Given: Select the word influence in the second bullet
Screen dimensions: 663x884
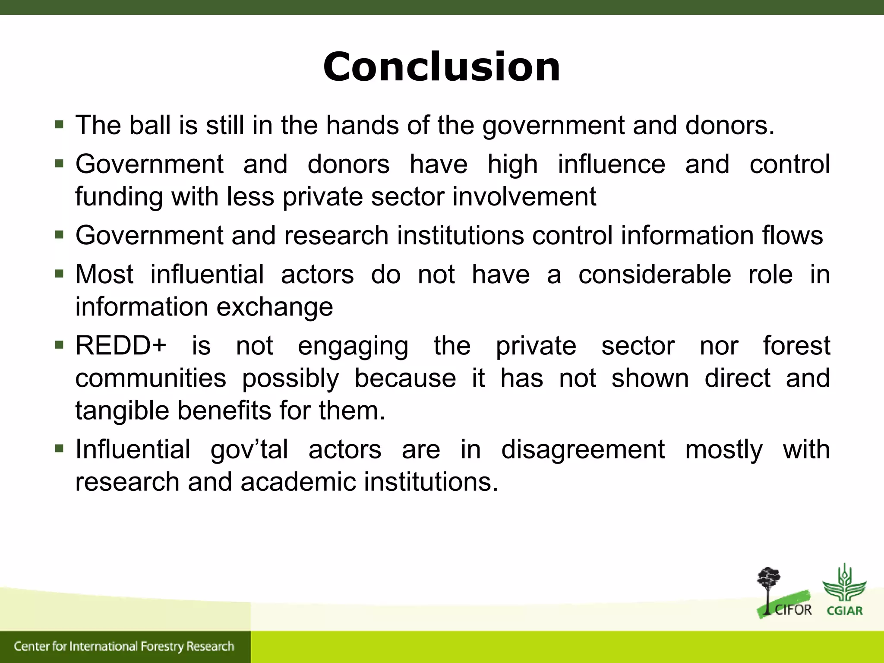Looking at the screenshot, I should click(612, 164).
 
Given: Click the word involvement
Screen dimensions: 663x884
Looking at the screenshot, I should click(524, 197).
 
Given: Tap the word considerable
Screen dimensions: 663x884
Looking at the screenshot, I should click(654, 275).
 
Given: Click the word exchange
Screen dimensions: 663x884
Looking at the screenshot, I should click(275, 307).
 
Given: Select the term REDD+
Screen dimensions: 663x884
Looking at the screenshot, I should click(121, 346).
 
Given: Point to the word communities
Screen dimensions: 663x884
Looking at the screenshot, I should click(151, 378).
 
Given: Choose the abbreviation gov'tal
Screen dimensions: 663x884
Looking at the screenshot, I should click(249, 449).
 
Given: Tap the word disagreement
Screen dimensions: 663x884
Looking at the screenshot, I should click(583, 449).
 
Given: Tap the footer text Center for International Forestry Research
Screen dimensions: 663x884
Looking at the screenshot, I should click(124, 646).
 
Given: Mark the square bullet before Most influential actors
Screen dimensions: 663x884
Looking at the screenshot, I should click(60, 274).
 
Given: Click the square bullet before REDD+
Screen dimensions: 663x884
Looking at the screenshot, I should click(60, 345).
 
